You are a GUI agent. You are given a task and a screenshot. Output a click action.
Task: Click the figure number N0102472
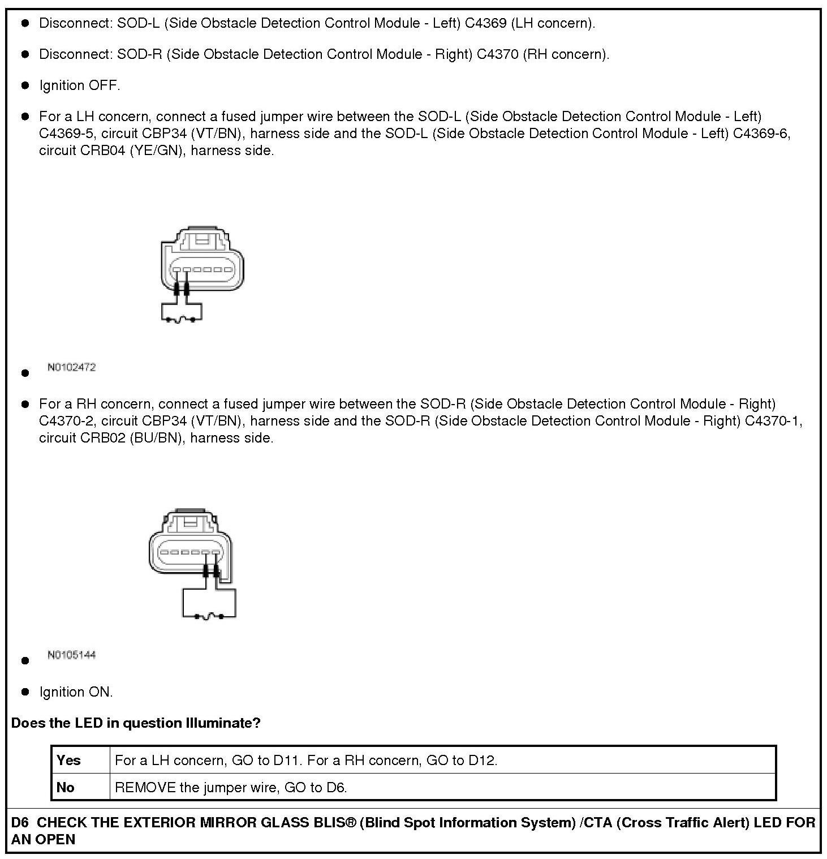[72, 367]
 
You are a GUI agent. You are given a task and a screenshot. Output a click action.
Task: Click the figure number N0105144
[72, 655]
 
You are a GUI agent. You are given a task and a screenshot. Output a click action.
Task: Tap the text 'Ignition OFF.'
[80, 85]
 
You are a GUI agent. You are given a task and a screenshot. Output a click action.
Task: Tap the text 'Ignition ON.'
[76, 692]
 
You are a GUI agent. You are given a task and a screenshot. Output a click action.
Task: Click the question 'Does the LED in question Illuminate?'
[136, 723]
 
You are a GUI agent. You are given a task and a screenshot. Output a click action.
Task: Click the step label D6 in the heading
[20, 822]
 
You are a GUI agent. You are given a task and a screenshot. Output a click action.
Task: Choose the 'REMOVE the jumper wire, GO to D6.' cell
[231, 787]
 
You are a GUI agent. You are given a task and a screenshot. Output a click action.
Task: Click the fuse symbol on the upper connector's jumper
[181, 320]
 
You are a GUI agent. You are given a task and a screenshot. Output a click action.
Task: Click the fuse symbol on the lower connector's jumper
[209, 616]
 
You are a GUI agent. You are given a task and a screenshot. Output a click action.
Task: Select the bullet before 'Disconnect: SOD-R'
[25, 54]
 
